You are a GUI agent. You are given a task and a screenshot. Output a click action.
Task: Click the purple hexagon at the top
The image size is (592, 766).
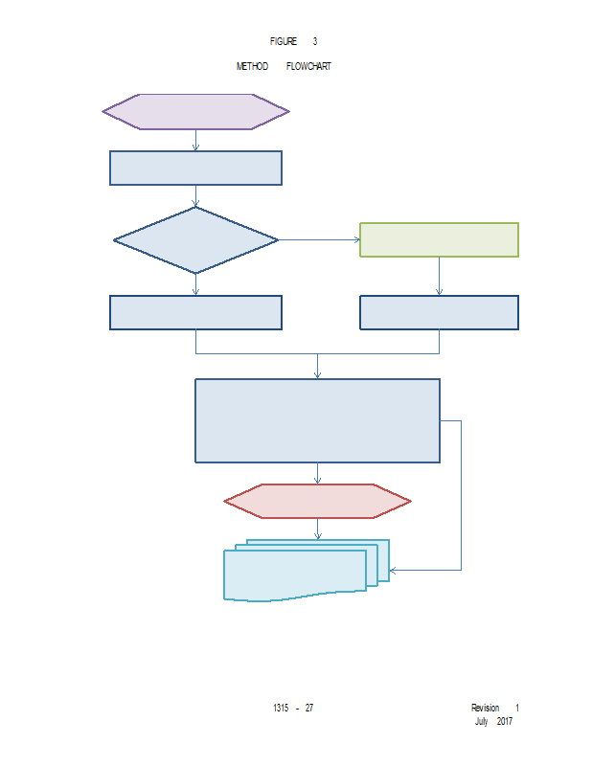pos(195,111)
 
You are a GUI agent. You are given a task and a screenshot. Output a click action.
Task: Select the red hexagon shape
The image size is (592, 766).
pos(317,501)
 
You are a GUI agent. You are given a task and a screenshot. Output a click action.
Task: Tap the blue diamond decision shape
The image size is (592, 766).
pos(195,239)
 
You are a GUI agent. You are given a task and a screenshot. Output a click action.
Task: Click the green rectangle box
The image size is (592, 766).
pos(439,239)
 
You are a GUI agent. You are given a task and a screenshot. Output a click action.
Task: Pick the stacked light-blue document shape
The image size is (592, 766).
pos(297,574)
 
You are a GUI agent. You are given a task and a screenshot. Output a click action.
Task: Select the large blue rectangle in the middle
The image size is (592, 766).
pos(317,420)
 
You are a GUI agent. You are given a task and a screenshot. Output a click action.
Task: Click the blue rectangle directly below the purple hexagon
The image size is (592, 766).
pos(195,168)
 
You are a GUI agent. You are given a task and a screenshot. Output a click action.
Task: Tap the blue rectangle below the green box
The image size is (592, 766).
pos(439,312)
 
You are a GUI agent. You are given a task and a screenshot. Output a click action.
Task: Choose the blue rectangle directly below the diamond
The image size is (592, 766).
pos(195,312)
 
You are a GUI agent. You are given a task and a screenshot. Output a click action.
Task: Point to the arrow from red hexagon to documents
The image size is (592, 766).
pos(317,529)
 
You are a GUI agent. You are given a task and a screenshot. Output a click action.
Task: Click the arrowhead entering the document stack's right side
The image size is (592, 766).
pos(394,570)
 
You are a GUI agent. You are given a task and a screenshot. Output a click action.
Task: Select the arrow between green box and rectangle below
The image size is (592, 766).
pos(439,276)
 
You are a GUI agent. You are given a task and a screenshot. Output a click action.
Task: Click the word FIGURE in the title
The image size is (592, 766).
pos(284,41)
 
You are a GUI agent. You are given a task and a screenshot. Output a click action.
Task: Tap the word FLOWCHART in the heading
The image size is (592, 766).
pos(308,66)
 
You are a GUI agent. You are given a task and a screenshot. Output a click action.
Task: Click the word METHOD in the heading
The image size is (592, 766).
pos(252,66)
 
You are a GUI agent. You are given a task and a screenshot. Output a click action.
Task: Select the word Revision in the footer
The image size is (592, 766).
pos(485,708)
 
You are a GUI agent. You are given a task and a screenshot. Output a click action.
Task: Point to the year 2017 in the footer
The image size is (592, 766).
pos(505,721)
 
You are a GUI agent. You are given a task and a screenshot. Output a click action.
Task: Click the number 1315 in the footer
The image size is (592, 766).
pos(281,708)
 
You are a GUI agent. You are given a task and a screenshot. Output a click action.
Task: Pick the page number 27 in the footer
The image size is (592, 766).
pos(309,708)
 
